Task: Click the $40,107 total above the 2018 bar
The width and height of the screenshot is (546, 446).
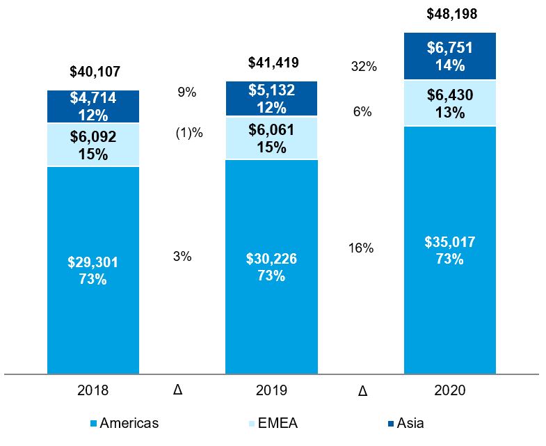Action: [93, 71]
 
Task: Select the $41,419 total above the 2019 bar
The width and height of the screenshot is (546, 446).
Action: [273, 63]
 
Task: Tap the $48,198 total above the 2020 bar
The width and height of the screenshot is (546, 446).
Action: [451, 14]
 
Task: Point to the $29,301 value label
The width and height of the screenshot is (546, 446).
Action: [93, 262]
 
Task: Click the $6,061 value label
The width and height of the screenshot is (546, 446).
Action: [272, 129]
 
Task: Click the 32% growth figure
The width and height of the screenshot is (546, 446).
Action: [364, 67]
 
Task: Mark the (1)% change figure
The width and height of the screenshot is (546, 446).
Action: [188, 133]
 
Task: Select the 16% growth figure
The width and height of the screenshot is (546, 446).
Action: [361, 248]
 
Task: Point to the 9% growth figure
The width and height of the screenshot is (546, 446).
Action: [187, 92]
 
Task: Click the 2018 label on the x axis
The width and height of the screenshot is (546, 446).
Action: [93, 390]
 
